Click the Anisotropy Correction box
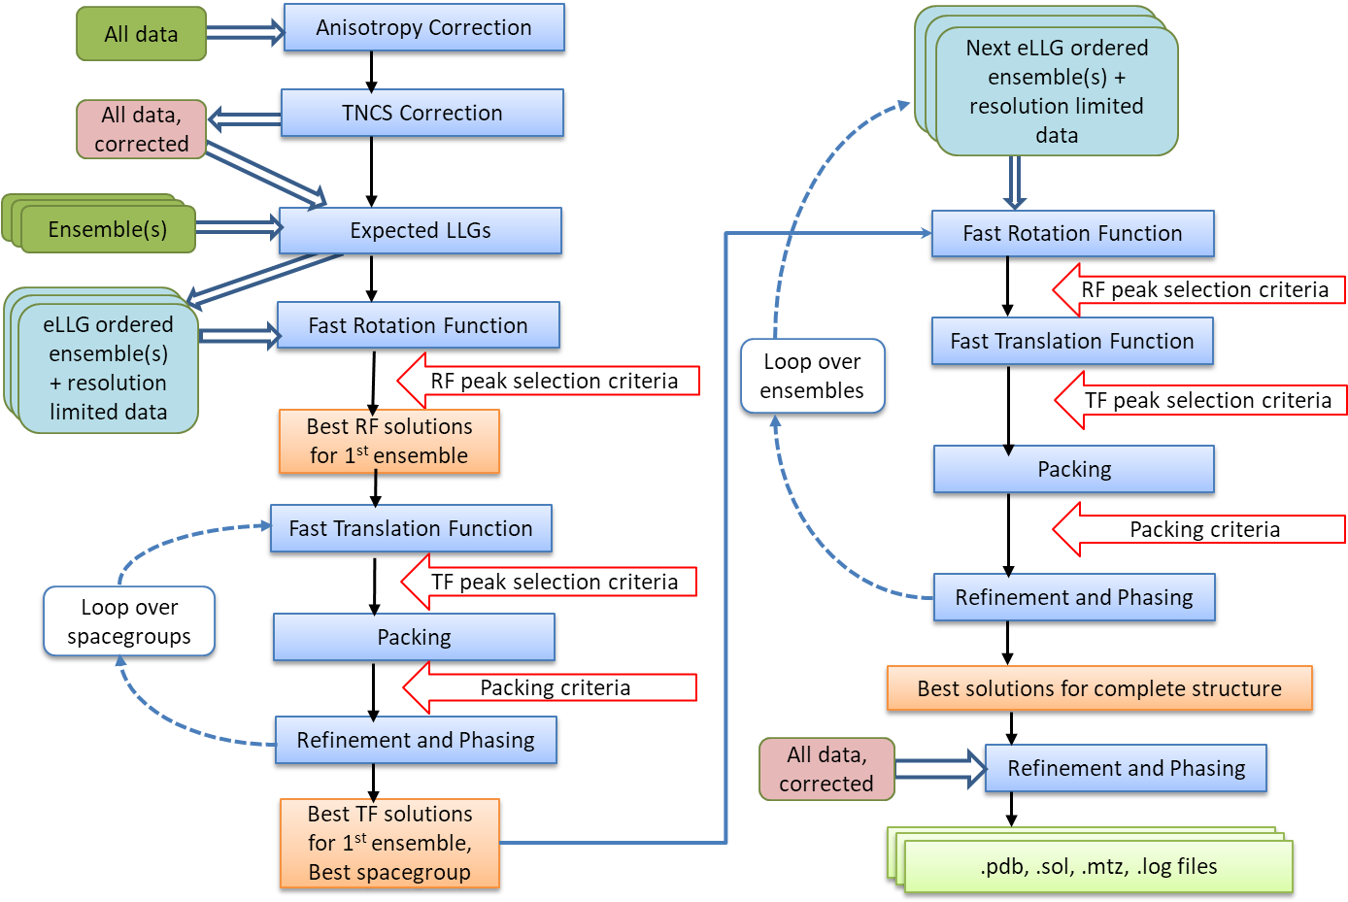coord(423,27)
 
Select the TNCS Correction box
coord(421,113)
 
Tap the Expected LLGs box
coord(420,230)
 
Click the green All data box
coord(141,34)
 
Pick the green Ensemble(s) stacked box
coord(107,229)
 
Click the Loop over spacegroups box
coord(129,621)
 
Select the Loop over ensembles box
coord(812,376)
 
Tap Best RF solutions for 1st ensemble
coord(388,441)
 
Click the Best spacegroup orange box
coord(388,843)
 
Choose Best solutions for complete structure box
coord(1098,688)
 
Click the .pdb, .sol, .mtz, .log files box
coord(1097,866)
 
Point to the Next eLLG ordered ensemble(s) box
coord(1056,91)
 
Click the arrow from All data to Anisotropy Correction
coord(244,33)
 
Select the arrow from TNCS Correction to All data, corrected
coord(244,119)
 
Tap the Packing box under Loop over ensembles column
coord(1073,470)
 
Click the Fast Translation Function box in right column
coord(1071,342)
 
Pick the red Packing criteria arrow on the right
coord(1199,529)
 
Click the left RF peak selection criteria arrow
coord(550,381)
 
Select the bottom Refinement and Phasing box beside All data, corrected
coord(1125,768)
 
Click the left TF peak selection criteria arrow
coord(550,582)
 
